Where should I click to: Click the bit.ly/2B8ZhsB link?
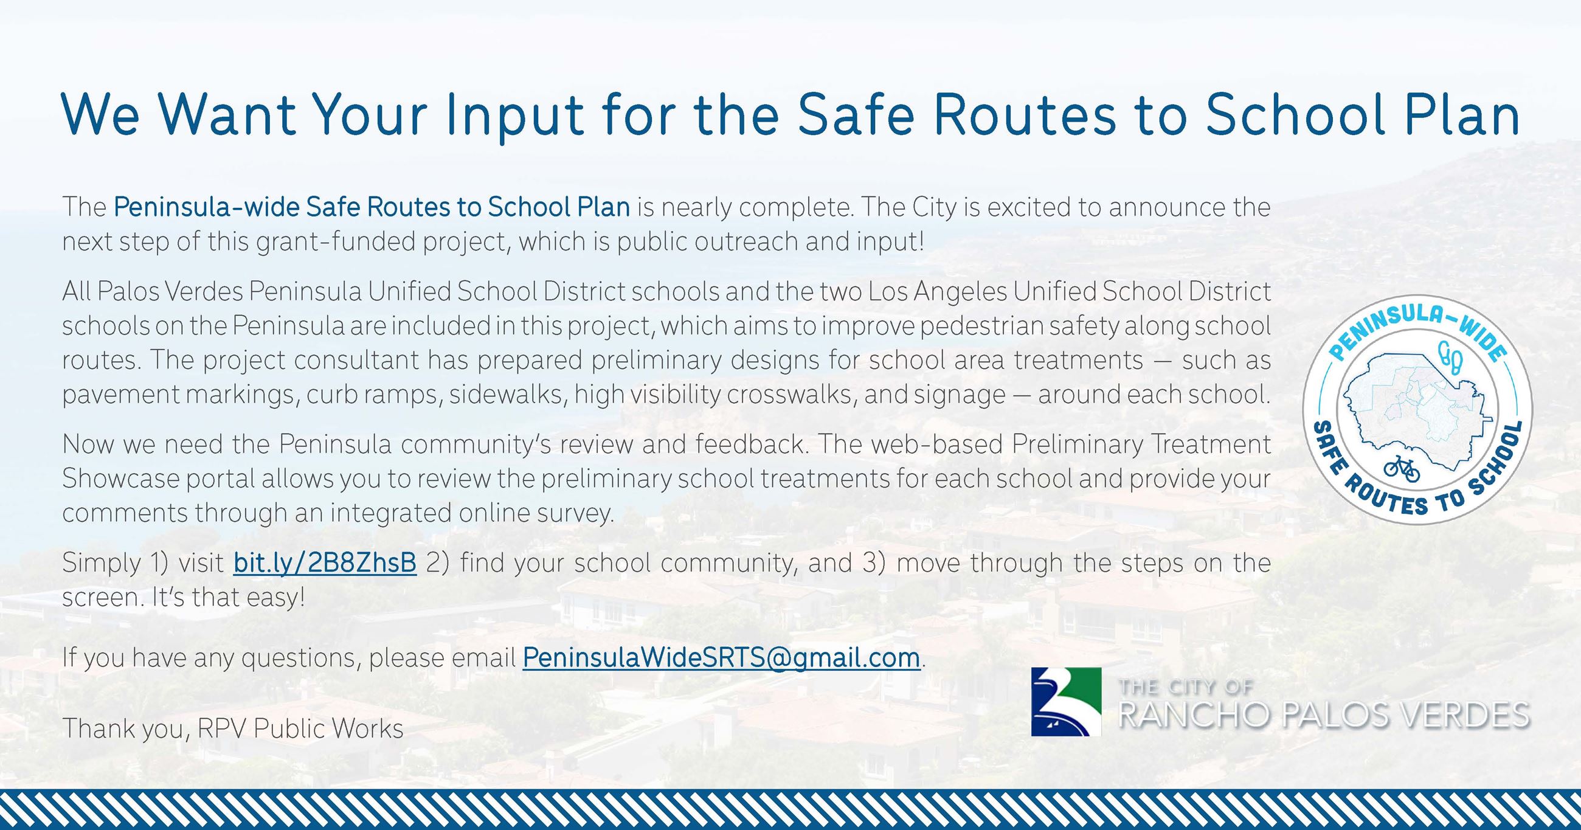(325, 563)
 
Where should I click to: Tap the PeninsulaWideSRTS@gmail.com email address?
(721, 657)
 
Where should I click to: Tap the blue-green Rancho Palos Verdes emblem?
(1066, 702)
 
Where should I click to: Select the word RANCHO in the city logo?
(1193, 715)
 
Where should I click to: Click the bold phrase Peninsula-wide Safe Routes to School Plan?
(372, 207)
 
